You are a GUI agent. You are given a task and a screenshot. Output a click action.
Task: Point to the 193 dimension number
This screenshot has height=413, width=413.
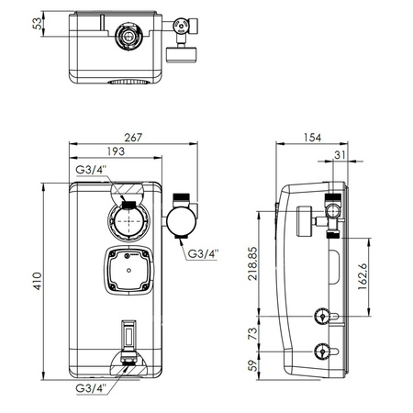[114, 151]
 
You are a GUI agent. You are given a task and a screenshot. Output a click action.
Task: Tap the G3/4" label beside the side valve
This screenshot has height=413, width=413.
[203, 253]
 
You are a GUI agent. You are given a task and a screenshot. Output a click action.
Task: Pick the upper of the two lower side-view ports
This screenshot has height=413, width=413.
[321, 318]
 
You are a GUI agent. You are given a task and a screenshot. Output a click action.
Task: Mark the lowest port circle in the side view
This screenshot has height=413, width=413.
[321, 352]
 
